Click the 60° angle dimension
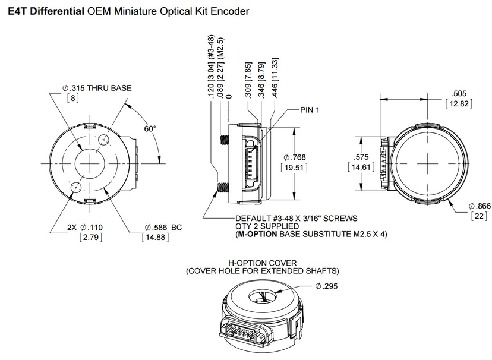pos(149,128)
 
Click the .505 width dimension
pos(459,93)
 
